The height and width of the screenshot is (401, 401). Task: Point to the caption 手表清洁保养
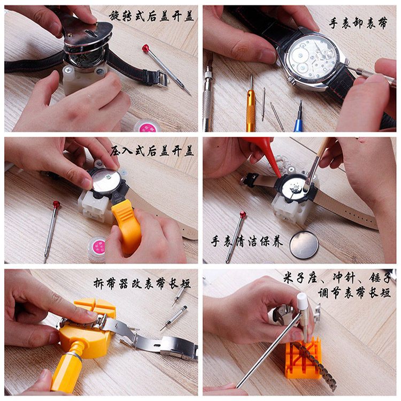point(246,242)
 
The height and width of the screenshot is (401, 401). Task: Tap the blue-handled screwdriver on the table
point(298,120)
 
